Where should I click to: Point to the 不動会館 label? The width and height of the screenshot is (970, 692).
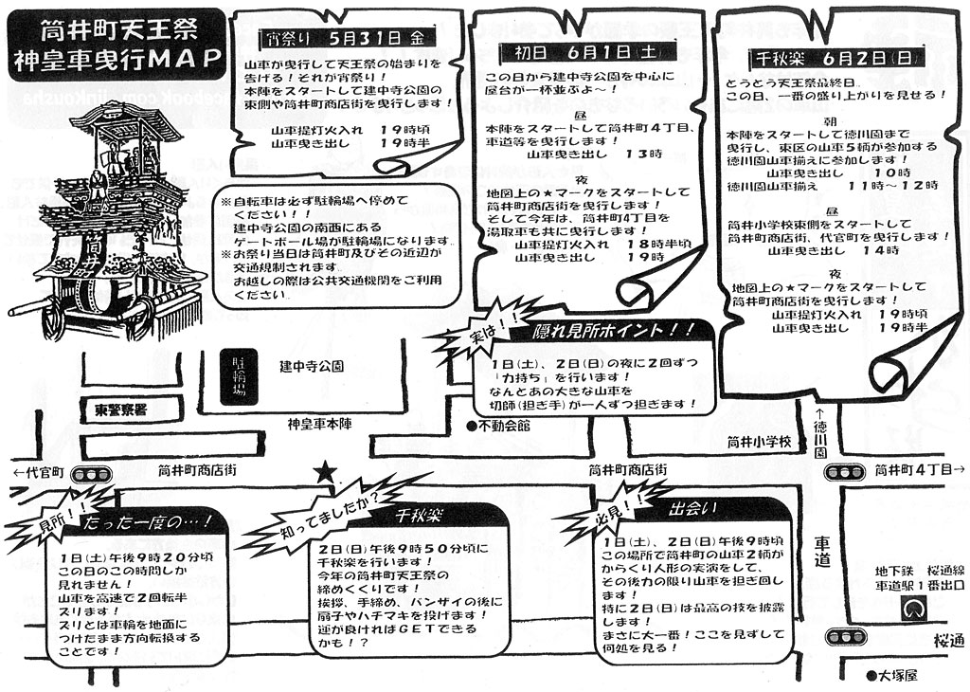click(x=499, y=427)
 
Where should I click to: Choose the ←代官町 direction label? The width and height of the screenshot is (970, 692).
click(x=37, y=471)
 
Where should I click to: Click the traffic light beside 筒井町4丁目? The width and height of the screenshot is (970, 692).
click(x=846, y=470)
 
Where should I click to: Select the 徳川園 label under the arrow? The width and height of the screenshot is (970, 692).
click(x=820, y=439)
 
